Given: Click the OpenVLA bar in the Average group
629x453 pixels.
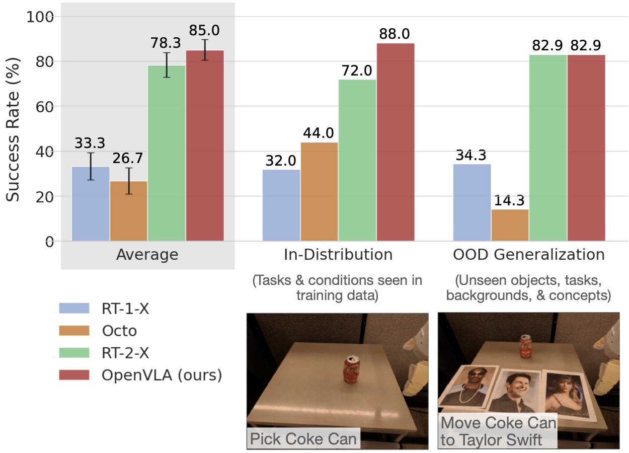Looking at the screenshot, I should point(205,145).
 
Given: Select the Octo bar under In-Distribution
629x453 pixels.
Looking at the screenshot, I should point(319,191).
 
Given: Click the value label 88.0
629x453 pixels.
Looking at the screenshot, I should point(395,34).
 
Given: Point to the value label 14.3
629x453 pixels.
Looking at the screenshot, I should point(509,200).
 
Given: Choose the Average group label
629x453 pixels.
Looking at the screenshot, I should point(147,255).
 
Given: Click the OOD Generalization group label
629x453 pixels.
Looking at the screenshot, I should point(529,255).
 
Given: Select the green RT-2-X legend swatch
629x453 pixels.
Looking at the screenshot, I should point(74,352).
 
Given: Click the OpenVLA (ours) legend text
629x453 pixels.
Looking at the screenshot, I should point(161,375).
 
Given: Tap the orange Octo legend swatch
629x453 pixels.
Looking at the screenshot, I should point(74,330).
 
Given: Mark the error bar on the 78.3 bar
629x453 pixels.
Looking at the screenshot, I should point(167,65).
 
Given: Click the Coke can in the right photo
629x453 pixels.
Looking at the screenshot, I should point(525,344).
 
